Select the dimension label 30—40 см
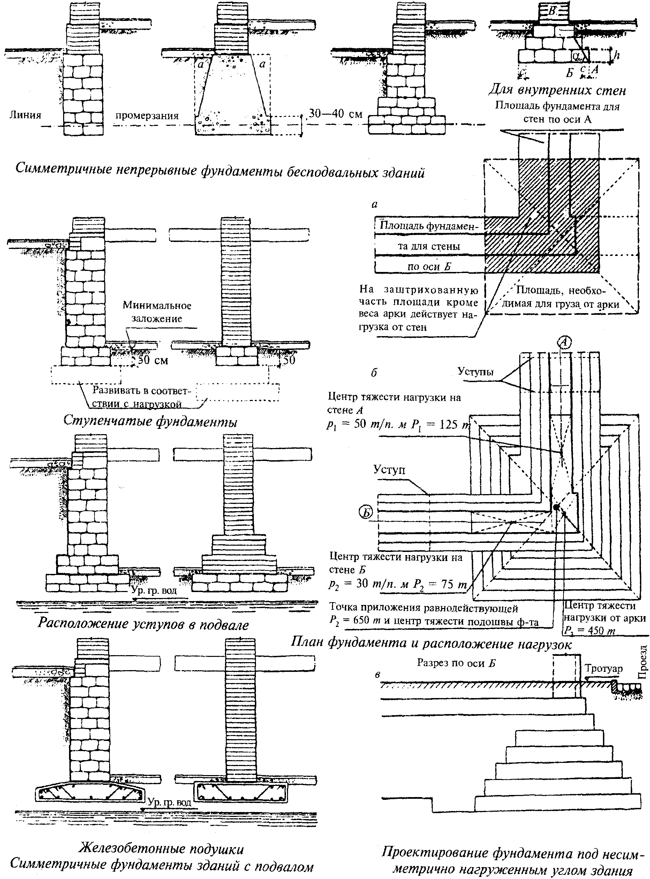tap(335, 114)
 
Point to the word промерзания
tap(147, 116)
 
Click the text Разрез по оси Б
tap(456, 664)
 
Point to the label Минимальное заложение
tap(157, 312)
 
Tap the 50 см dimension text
tap(152, 360)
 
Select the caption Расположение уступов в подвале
tap(143, 624)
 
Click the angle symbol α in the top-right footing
tap(576, 56)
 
